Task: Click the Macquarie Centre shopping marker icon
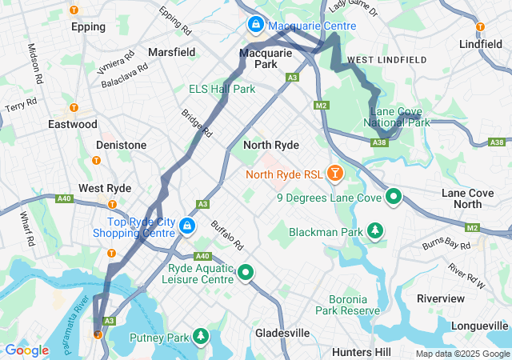pyautogui.click(x=255, y=25)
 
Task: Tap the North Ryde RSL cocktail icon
pyautogui.click(x=334, y=172)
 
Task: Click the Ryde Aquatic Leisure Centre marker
pyautogui.click(x=246, y=274)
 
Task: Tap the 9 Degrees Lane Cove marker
pyautogui.click(x=394, y=196)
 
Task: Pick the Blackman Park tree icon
pyautogui.click(x=375, y=231)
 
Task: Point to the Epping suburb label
pyautogui.click(x=88, y=26)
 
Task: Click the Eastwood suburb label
pyautogui.click(x=73, y=124)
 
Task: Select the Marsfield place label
pyautogui.click(x=171, y=52)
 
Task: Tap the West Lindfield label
pyautogui.click(x=386, y=60)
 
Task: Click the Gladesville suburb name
pyautogui.click(x=282, y=332)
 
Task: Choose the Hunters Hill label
pyautogui.click(x=361, y=352)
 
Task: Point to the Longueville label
pyautogui.click(x=479, y=326)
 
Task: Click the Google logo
pyautogui.click(x=26, y=350)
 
